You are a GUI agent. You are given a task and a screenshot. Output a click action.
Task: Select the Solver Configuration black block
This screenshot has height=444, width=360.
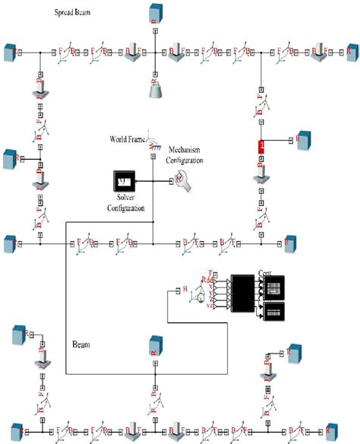click(125, 182)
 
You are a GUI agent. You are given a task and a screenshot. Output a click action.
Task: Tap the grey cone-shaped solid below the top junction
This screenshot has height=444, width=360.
click(154, 91)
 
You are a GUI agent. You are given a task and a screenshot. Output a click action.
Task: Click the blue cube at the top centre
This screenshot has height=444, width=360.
click(154, 14)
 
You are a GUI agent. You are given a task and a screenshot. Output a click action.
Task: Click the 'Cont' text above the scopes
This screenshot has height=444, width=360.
click(266, 272)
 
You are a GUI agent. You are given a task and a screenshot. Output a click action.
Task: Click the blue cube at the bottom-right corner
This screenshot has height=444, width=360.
click(331, 430)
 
